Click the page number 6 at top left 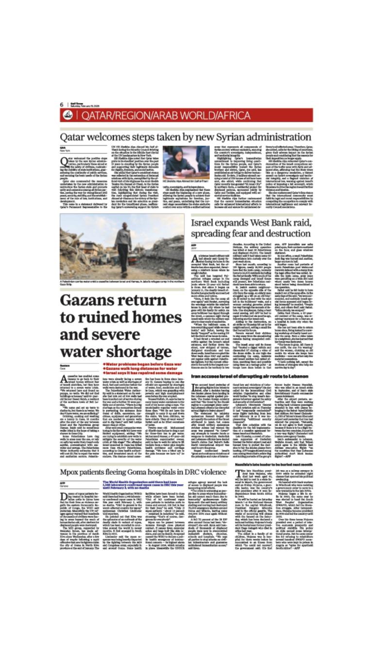[x=62, y=104]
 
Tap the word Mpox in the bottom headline [x=71, y=458]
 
